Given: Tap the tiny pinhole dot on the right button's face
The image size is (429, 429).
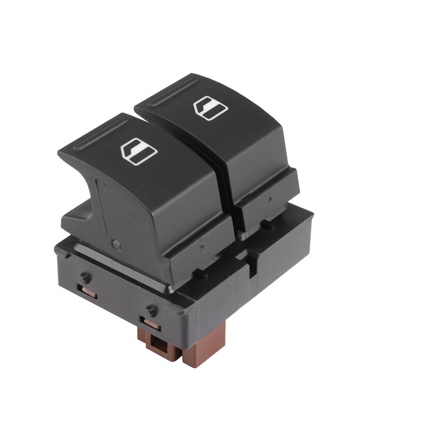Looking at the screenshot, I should point(271,199).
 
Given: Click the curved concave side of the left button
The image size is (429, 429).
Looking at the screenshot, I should point(80,193).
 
